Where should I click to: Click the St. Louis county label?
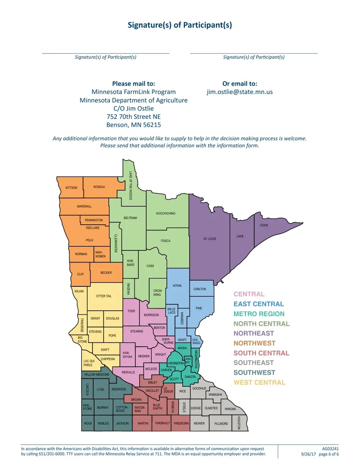coord(210,239)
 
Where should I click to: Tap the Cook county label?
coord(264,225)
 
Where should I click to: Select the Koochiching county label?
coord(166,214)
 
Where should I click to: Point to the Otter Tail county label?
coord(104,296)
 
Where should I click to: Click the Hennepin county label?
coord(176,363)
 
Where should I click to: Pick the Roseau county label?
coord(99,187)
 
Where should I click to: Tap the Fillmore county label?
coord(221,424)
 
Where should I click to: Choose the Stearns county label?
coord(137,332)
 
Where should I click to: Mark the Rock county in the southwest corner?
coord(88,424)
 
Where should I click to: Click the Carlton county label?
coord(200,289)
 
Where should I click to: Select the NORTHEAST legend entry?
coord(254,333)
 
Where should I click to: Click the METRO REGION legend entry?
coord(259,314)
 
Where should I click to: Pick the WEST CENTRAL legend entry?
coord(259,383)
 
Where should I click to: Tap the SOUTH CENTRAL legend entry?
coord(261,353)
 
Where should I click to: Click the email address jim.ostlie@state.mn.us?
coord(239,92)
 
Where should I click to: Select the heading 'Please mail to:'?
coord(133,83)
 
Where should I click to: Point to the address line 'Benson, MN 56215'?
coord(133,125)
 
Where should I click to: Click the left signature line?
coord(105,53)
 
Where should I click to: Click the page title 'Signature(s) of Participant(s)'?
coord(180,25)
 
